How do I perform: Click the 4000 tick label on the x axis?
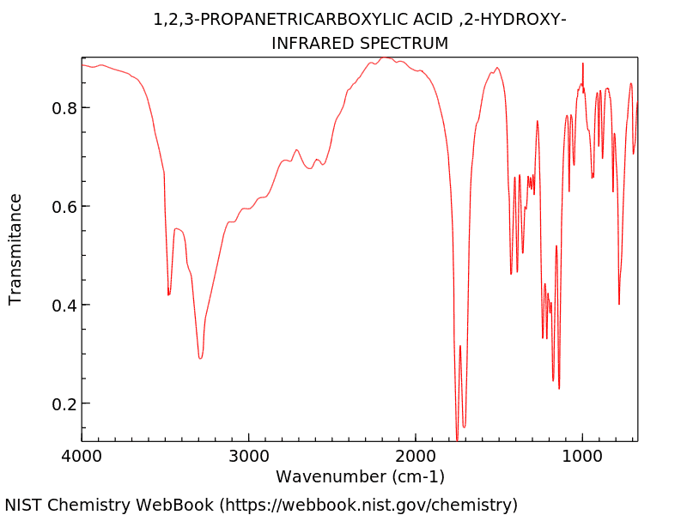click(82, 457)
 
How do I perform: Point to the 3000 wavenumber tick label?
click(249, 457)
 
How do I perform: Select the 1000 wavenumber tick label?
click(583, 457)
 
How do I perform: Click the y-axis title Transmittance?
click(15, 249)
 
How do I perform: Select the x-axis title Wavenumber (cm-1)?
click(360, 476)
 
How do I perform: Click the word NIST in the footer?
click(24, 505)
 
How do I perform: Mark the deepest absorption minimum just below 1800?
click(457, 438)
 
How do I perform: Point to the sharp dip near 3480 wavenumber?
click(168, 294)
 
